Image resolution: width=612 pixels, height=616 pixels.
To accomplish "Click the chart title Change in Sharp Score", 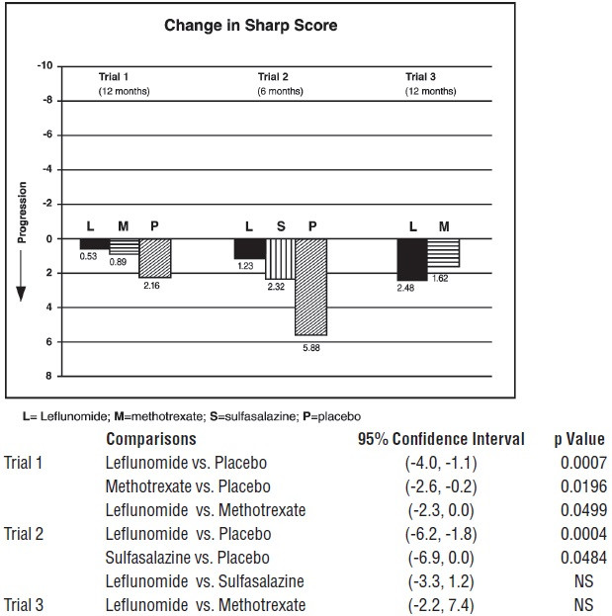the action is pos(250,26).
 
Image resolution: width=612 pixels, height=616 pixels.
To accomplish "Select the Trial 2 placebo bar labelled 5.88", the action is pos(311,287).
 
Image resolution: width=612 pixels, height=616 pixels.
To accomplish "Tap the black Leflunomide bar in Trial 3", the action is pos(412,259).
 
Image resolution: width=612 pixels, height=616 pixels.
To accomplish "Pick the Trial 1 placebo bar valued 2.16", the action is pos(155,258).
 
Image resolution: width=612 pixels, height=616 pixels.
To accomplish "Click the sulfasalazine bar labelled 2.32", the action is pos(281,259).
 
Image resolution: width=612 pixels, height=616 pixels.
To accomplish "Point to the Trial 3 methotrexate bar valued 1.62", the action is pos(443,253).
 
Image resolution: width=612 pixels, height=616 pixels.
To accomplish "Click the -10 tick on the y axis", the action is pos(44,65).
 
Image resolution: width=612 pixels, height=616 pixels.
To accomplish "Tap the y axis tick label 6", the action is pos(48,342).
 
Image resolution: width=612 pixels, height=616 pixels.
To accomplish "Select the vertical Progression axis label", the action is pos(22,213).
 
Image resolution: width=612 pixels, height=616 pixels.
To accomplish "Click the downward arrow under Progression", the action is pos(21,276).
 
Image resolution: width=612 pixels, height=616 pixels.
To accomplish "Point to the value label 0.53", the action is pos(88,256).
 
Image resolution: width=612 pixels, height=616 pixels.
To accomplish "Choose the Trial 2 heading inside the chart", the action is pos(273,76).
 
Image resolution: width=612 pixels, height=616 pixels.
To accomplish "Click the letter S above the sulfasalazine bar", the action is pos(281,226).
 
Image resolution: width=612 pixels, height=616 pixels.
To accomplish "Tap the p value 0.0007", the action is pos(583,463).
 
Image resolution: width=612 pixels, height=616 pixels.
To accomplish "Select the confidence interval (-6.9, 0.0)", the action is pos(441,558).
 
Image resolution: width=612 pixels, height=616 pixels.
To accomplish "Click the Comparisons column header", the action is pos(151,439).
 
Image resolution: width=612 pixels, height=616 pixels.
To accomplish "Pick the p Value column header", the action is pos(579,439).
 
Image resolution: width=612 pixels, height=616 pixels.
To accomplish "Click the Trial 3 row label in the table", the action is pos(24,605).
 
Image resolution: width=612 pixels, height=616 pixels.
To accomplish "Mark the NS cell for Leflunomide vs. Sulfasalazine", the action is pos(583,581).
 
